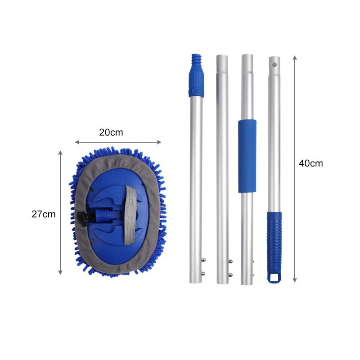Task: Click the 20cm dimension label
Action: [x=111, y=132]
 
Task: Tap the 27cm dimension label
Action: [x=44, y=214]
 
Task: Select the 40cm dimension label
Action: [x=311, y=163]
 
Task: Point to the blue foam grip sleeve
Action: [x=247, y=156]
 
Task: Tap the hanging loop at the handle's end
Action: [x=274, y=278]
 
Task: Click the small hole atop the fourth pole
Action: [x=274, y=64]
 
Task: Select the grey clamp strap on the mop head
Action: [x=131, y=215]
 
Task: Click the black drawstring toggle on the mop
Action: [x=82, y=218]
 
